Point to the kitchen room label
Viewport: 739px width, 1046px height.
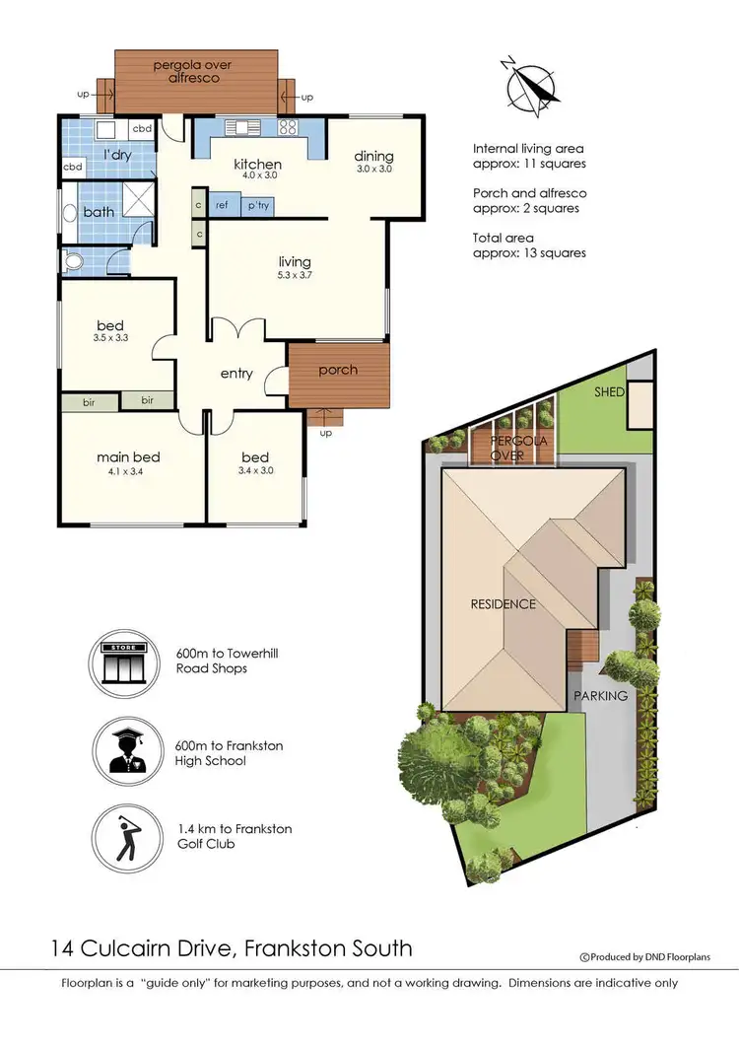pos(257,164)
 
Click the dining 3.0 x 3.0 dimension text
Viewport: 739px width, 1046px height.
pos(373,169)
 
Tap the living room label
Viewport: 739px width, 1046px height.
pos(295,261)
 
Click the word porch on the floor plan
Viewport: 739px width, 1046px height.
pos(338,370)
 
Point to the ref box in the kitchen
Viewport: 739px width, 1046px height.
pos(222,206)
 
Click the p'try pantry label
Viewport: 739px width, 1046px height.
pos(258,206)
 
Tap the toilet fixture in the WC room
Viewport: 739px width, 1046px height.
pos(71,261)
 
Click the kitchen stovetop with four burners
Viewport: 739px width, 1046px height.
pos(288,127)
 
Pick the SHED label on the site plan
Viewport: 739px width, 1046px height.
pos(609,391)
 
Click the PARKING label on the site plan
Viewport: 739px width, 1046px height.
pos(600,695)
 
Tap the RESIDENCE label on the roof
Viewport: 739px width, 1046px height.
pos(503,603)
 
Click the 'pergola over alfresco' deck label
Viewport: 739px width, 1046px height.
pos(199,70)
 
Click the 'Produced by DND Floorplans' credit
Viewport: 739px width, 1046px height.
pos(644,956)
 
